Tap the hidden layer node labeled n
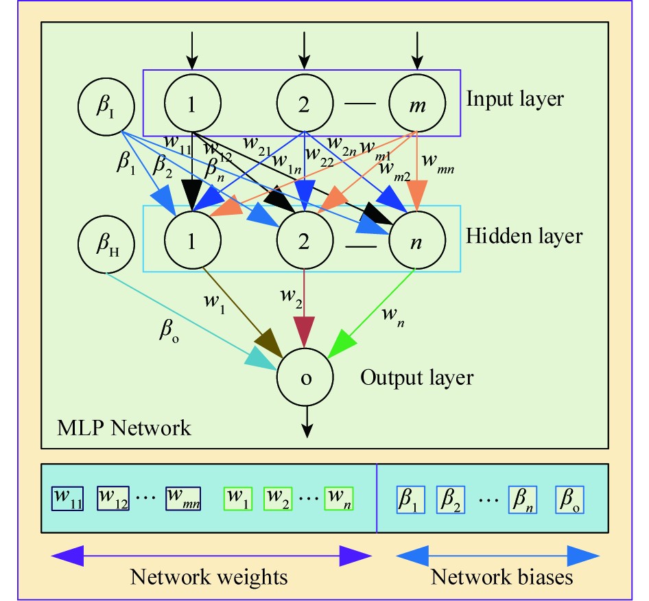416,238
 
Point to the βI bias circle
106,108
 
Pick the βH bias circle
106,245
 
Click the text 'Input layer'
515,99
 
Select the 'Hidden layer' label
524,236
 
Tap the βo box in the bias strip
569,500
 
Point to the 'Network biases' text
501,577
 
